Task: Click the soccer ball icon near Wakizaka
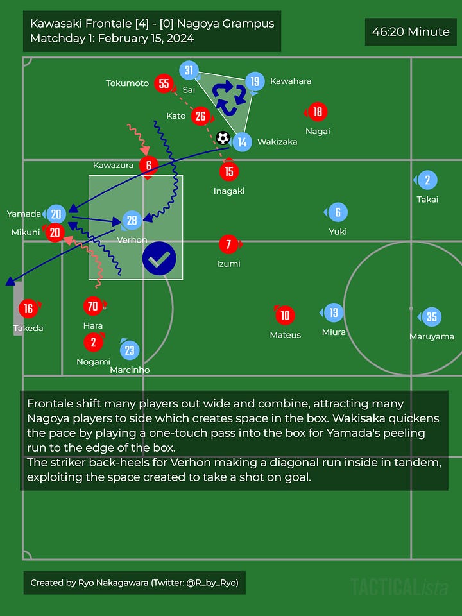223,138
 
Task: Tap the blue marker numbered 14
242,142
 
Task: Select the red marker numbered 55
164,83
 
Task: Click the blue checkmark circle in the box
159,259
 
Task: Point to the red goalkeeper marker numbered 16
28,309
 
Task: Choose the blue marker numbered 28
132,221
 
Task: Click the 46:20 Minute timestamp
411,31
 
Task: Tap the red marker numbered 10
285,315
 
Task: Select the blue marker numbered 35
431,317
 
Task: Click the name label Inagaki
229,191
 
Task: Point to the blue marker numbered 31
189,71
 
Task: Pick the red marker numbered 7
228,244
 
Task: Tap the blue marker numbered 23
130,350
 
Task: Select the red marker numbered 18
317,112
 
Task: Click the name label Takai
427,200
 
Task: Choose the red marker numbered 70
93,306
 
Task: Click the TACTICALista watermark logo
399,586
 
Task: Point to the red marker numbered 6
149,165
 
